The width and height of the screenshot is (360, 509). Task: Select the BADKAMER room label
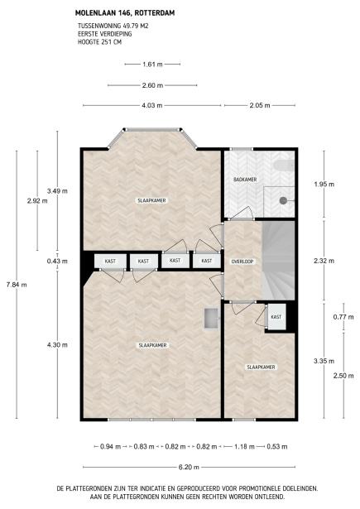click(x=243, y=179)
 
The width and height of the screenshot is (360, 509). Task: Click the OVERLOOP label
click(x=242, y=261)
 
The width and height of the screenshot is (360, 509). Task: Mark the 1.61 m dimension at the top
click(x=151, y=64)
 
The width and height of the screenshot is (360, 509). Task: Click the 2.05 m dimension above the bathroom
click(x=260, y=105)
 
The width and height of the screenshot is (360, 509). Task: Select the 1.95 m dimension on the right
click(x=324, y=184)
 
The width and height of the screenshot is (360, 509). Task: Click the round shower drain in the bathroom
click(x=283, y=199)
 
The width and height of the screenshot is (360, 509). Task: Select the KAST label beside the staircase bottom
click(x=276, y=317)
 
